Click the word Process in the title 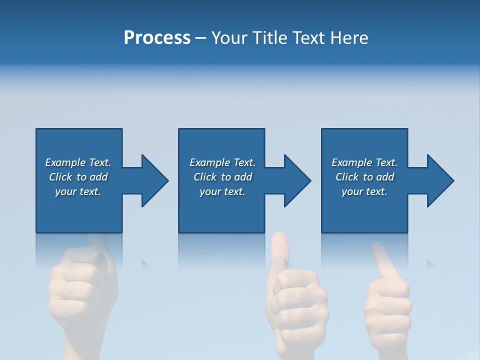tap(157, 38)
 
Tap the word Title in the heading tap(268, 38)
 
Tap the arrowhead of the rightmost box tap(439, 180)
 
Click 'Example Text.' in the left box tap(78, 162)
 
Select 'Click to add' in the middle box tap(222, 177)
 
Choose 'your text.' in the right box tap(364, 191)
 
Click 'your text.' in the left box tap(78, 191)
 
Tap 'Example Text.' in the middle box tap(222, 162)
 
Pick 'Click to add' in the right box tap(364, 177)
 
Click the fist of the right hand tap(387, 305)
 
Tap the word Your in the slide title tap(228, 38)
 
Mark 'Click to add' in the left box tap(78, 177)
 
